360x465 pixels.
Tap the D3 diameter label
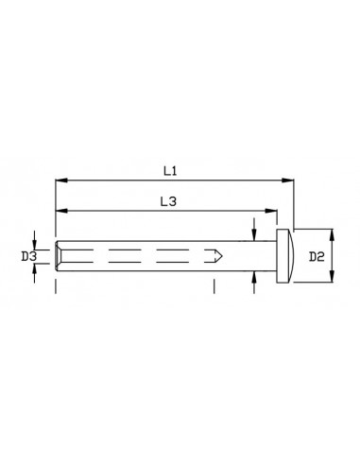[x=28, y=256]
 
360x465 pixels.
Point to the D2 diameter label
[x=318, y=256]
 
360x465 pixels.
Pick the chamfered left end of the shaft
[x=60, y=255]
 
